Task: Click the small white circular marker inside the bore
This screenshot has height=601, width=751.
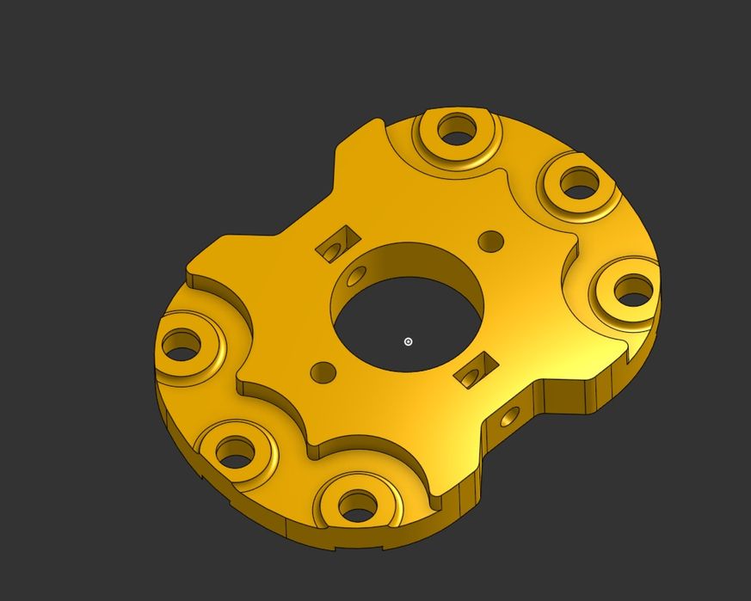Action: pos(409,341)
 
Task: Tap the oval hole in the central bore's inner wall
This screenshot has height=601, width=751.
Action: pos(354,277)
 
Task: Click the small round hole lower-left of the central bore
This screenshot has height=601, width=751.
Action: pos(323,371)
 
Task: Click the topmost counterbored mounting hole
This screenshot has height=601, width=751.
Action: pos(457,130)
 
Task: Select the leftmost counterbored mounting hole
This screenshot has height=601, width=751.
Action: pos(182,346)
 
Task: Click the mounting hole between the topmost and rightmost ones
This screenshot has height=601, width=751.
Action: pos(579,183)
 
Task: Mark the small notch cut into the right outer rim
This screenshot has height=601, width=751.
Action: pos(635,348)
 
